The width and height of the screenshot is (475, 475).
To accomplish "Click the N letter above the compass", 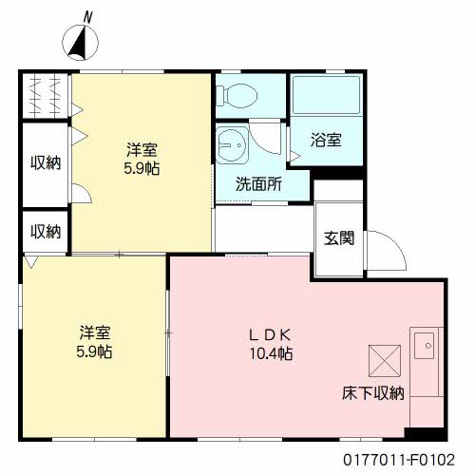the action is pyautogui.click(x=87, y=17).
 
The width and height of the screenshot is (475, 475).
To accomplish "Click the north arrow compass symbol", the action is pyautogui.click(x=80, y=43).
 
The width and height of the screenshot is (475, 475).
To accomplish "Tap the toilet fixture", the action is pyautogui.click(x=237, y=95).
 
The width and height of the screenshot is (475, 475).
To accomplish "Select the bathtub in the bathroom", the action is pyautogui.click(x=326, y=95).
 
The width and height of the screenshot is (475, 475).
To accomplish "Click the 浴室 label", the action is pyautogui.click(x=326, y=140).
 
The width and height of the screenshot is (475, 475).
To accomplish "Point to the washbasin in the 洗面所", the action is pyautogui.click(x=232, y=145).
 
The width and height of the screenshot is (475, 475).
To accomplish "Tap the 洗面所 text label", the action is pyautogui.click(x=258, y=183).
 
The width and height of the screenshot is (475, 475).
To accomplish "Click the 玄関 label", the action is pyautogui.click(x=339, y=237).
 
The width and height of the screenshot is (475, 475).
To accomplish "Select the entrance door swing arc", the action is pyautogui.click(x=394, y=244).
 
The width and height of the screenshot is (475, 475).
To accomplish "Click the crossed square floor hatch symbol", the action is pyautogui.click(x=385, y=361).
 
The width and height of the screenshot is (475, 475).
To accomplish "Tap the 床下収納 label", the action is pyautogui.click(x=373, y=393).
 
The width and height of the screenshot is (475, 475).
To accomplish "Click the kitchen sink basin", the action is pyautogui.click(x=424, y=346).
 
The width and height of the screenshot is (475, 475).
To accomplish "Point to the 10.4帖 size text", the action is pyautogui.click(x=271, y=353).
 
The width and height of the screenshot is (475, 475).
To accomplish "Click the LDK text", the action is pyautogui.click(x=270, y=335).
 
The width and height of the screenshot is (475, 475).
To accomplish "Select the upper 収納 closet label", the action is pyautogui.click(x=46, y=162).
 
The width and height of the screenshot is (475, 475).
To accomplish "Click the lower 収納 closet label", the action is pyautogui.click(x=46, y=232).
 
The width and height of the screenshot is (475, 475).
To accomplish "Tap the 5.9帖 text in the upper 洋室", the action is pyautogui.click(x=142, y=168).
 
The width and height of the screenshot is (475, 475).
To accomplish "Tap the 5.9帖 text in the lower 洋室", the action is pyautogui.click(x=94, y=351).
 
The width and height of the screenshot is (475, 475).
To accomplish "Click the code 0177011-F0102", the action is pyautogui.click(x=399, y=460).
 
